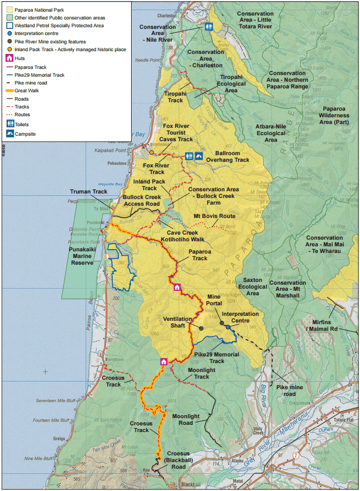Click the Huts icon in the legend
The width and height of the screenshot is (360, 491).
9,58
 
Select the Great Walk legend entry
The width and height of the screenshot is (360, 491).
22,90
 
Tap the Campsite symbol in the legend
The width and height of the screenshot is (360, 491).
10,134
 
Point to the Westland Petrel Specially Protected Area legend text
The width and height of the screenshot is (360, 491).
67,26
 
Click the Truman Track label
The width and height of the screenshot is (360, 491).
88,192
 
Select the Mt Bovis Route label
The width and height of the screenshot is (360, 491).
214,216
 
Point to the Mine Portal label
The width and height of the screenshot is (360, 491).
214,301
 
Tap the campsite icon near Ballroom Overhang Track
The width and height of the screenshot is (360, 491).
199,157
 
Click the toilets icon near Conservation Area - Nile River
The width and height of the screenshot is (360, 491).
209,27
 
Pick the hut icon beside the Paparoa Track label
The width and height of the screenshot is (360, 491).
177,287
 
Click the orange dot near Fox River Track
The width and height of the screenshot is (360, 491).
151,152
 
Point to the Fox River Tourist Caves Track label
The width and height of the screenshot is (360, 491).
176,131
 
